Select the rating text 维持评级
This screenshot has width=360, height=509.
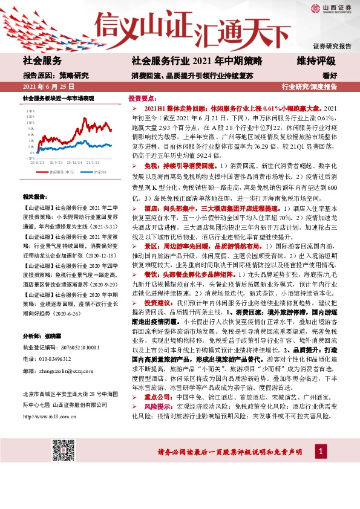click(315, 60)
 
